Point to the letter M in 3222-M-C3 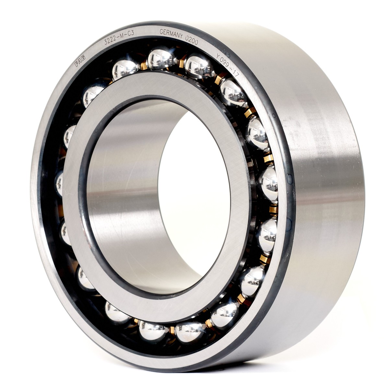click(122, 35)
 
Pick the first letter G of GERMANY click(161, 31)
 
